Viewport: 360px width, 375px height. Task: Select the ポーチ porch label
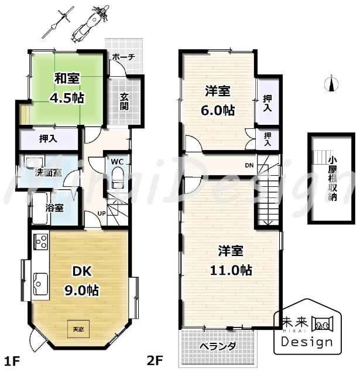[123, 57]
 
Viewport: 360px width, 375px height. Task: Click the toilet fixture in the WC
[117, 176]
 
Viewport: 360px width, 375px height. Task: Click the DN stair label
[249, 165]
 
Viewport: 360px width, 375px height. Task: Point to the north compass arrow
[332, 85]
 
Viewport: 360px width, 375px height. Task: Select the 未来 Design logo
[307, 330]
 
